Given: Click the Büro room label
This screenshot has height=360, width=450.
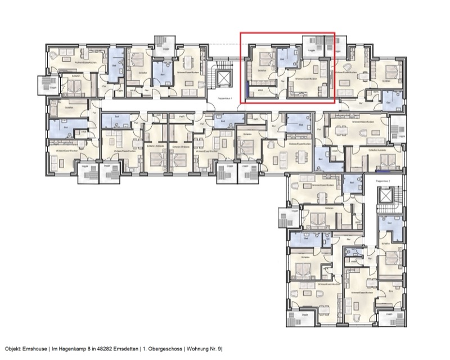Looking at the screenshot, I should (x=390, y=292).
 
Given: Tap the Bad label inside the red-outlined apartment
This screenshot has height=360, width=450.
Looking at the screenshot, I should (x=282, y=58).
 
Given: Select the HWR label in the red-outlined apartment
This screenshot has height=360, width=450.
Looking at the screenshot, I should (x=260, y=88).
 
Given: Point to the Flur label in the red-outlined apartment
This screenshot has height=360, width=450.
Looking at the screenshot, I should (x=282, y=82).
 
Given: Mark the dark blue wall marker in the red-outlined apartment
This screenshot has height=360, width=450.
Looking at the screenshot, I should (x=248, y=88).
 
